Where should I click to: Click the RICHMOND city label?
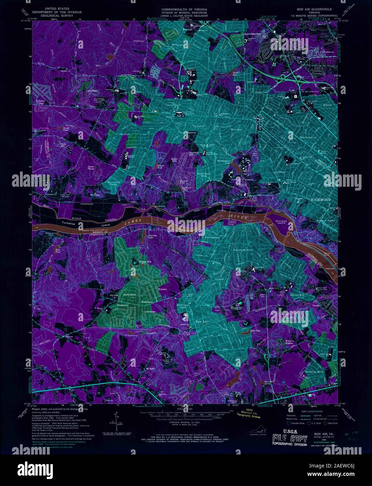click(321, 199)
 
